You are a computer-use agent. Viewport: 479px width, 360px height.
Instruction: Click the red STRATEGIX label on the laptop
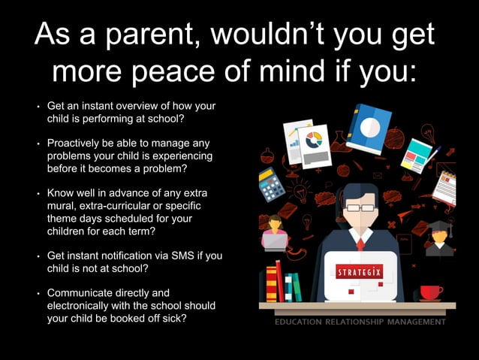coord(360,271)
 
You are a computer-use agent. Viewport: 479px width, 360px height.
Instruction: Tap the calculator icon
coord(272,184)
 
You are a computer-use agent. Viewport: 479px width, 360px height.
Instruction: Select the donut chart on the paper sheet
coord(314,140)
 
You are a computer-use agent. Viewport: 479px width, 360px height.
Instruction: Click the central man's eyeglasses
coord(360,207)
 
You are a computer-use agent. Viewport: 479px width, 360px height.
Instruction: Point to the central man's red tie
coord(360,244)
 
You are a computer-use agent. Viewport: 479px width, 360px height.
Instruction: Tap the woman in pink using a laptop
coord(275,233)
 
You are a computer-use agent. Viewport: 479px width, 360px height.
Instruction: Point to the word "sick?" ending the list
coord(173,318)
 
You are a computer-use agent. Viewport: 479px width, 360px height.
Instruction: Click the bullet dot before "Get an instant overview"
coord(38,107)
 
